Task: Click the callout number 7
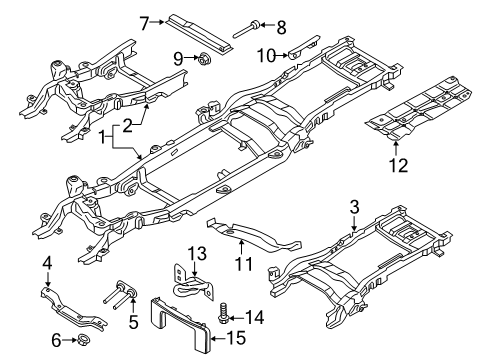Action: [x=143, y=20]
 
